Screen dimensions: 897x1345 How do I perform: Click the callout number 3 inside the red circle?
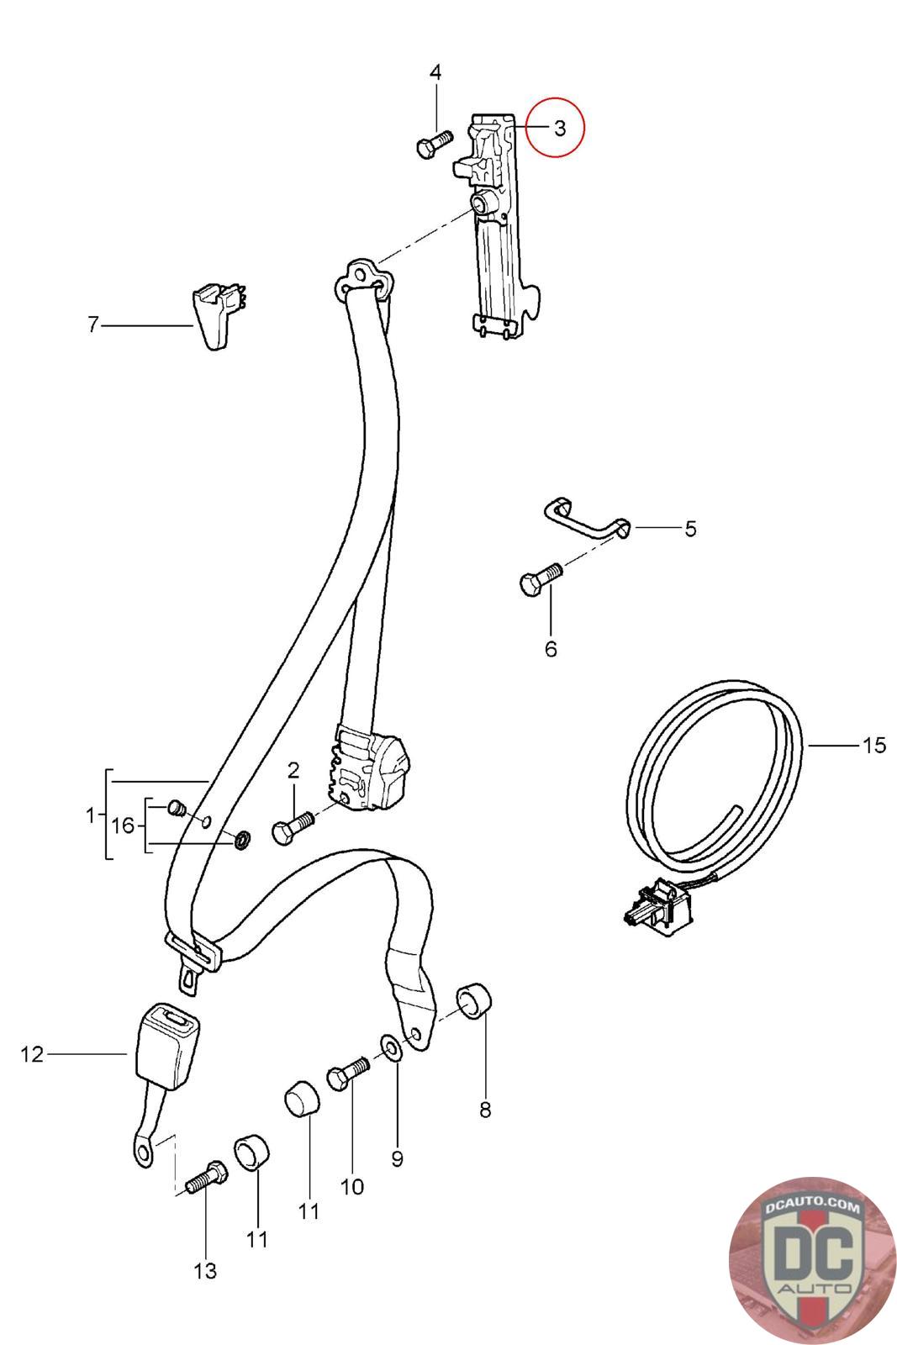point(560,128)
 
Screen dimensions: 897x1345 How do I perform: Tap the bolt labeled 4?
point(433,144)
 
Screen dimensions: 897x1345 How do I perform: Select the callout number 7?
point(92,324)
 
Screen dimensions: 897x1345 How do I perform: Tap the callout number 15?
point(874,745)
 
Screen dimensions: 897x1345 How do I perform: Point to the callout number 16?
point(123,825)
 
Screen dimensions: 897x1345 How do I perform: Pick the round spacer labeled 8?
point(474,1001)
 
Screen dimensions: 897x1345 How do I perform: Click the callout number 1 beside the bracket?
point(91,815)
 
